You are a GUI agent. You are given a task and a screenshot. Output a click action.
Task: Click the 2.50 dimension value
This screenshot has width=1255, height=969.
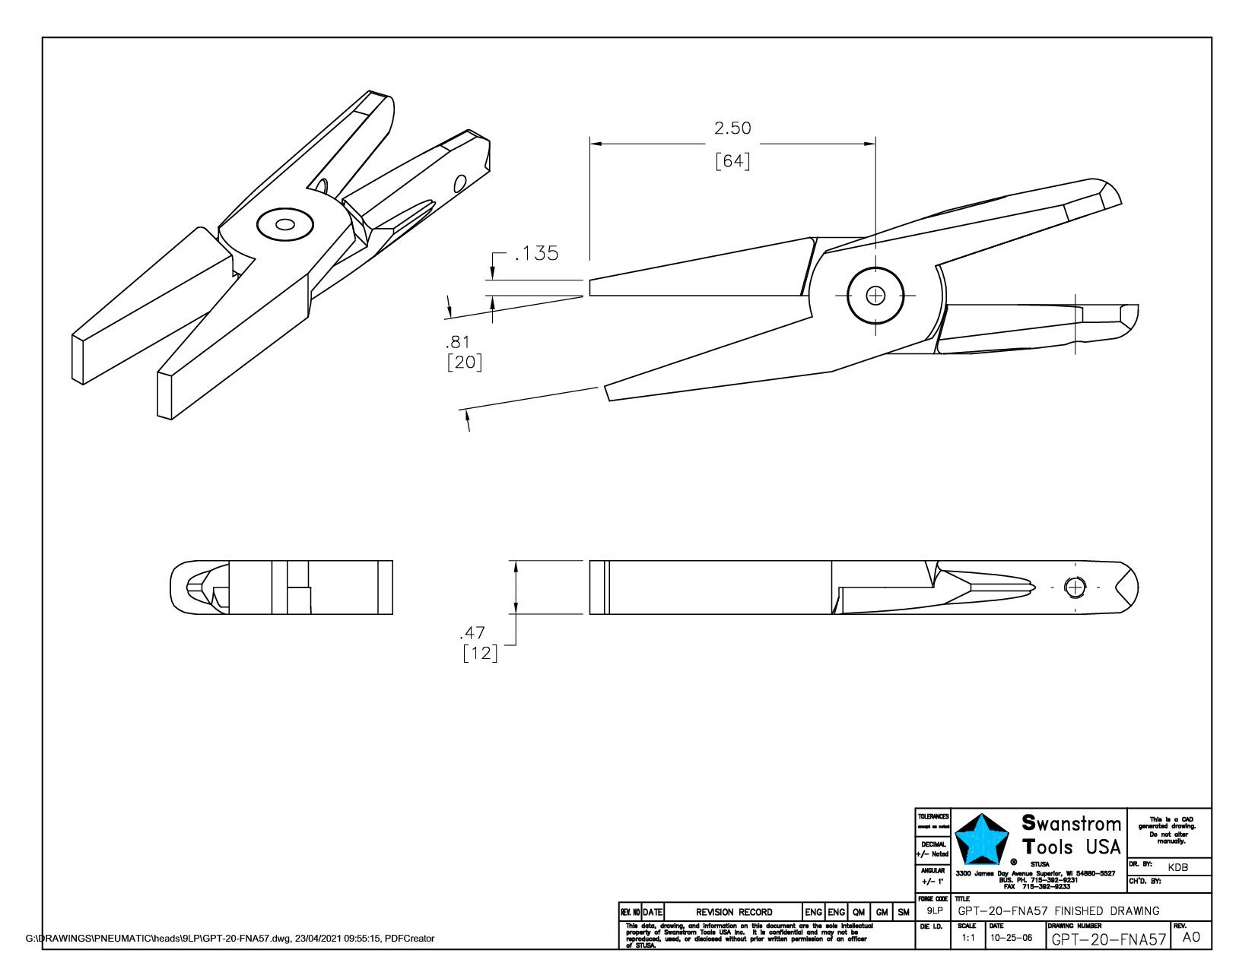pos(732,128)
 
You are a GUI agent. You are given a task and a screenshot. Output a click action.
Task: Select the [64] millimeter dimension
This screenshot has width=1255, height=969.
pos(732,162)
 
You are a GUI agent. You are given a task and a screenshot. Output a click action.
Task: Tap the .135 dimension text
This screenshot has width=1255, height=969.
pos(536,253)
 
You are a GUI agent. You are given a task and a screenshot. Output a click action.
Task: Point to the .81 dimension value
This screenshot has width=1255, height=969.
pos(459,342)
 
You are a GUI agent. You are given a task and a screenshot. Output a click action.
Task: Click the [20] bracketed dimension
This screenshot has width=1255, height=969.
pos(464,362)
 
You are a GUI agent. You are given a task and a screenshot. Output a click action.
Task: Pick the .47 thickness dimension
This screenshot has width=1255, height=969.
pos(472,633)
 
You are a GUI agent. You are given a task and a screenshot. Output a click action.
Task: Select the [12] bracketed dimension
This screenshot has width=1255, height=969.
pos(480,653)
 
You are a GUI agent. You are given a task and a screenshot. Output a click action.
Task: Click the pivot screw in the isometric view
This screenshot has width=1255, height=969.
pos(285,224)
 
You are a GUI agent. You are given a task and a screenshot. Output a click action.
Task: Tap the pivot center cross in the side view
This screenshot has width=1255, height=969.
pos(875,295)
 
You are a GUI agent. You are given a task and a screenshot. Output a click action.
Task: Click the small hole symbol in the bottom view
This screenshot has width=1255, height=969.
pos(1075,587)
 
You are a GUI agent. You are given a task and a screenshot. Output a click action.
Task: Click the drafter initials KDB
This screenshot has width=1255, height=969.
pos(1177,867)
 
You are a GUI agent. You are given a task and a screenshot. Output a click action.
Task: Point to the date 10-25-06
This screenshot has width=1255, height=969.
pos(1011,938)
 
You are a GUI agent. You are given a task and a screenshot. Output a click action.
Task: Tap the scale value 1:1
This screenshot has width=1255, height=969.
pos(967,938)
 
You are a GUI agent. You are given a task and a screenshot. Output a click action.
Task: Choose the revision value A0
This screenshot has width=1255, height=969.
pos(1191,937)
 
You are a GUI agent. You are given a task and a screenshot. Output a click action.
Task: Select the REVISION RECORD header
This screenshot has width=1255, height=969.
pos(733,912)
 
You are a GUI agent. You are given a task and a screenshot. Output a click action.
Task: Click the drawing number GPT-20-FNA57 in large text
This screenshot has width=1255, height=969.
pos(1108,939)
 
